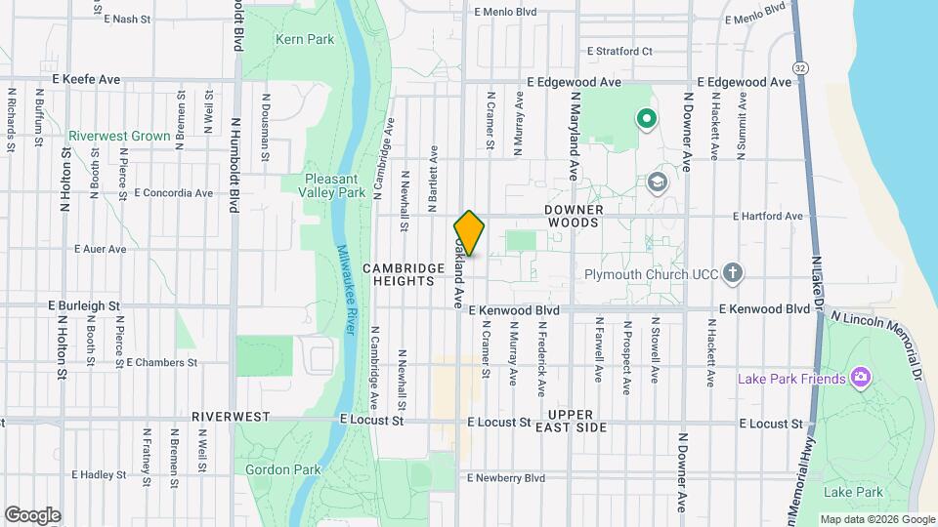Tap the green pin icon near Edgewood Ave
point(645,119)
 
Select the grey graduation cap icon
point(658,182)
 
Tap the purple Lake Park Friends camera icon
point(860,377)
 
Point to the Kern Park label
point(305,40)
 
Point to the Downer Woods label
point(588,217)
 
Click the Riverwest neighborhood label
point(231,416)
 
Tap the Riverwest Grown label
point(119,137)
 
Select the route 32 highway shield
point(801,67)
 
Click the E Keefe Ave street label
point(85,79)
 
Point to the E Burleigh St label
point(84,305)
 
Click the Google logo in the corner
point(32,515)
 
